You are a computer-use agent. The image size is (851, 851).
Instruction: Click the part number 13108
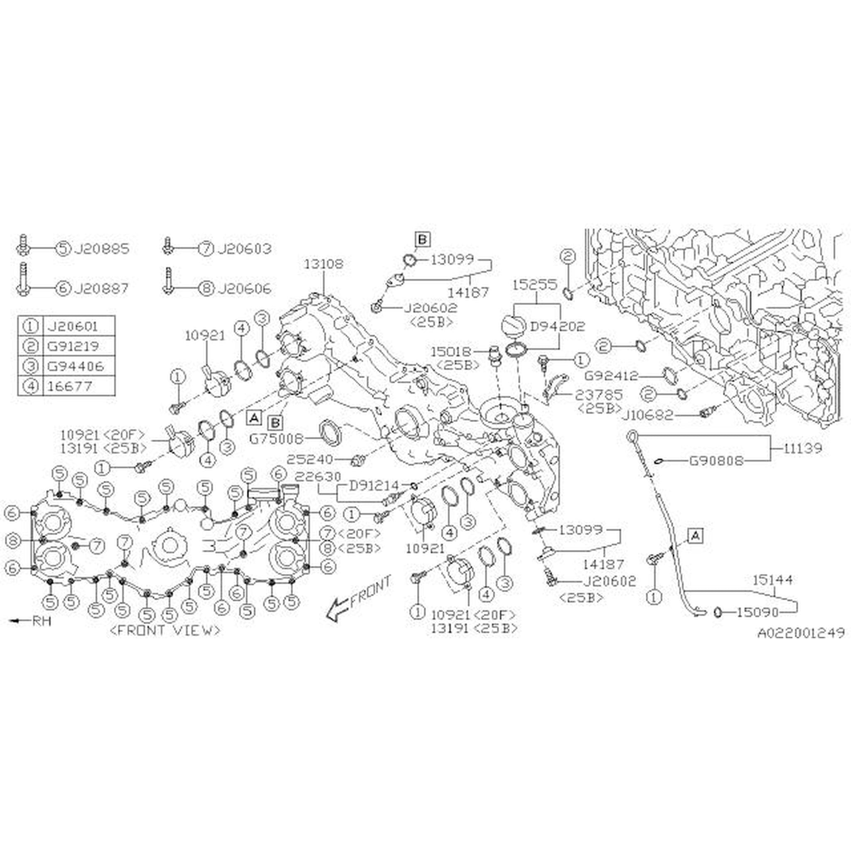pyautogui.click(x=324, y=264)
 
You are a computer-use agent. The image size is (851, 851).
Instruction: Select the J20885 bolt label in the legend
pyautogui.click(x=101, y=249)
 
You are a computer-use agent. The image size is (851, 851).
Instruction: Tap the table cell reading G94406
pyautogui.click(x=75, y=366)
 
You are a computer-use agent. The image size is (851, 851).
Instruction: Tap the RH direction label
pyautogui.click(x=42, y=621)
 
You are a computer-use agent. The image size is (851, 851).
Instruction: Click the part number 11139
pyautogui.click(x=802, y=448)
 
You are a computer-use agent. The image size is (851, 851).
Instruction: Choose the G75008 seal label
pyautogui.click(x=276, y=439)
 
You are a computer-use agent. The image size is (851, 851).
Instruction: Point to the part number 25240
pyautogui.click(x=310, y=460)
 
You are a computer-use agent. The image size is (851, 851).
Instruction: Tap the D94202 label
pyautogui.click(x=557, y=326)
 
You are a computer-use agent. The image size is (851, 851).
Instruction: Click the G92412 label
pyautogui.click(x=611, y=376)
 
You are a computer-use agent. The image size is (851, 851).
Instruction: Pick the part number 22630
pyautogui.click(x=318, y=477)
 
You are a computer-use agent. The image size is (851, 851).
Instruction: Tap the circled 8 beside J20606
pyautogui.click(x=206, y=289)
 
